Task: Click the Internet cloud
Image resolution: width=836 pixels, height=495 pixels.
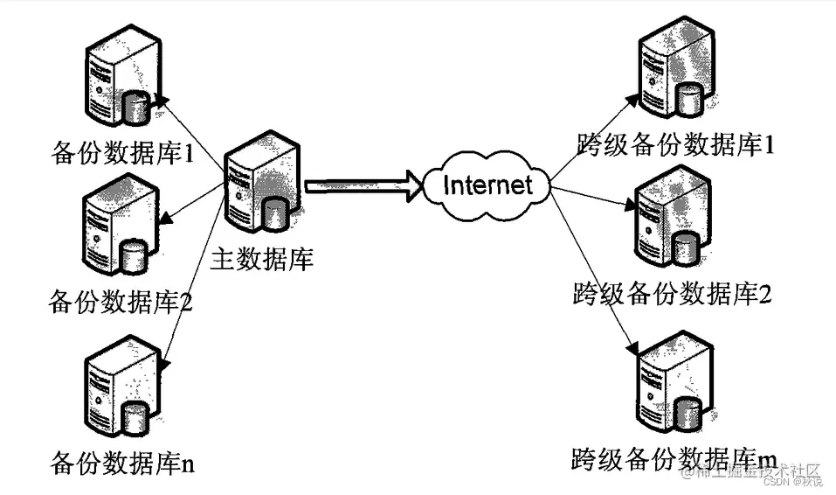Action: tap(487, 185)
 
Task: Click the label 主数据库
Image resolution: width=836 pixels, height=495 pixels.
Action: tap(262, 260)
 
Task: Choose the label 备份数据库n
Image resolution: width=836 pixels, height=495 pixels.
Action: tap(122, 461)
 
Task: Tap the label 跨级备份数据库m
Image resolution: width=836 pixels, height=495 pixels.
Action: tap(674, 457)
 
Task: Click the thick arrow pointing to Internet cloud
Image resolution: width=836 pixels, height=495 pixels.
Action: tap(358, 185)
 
